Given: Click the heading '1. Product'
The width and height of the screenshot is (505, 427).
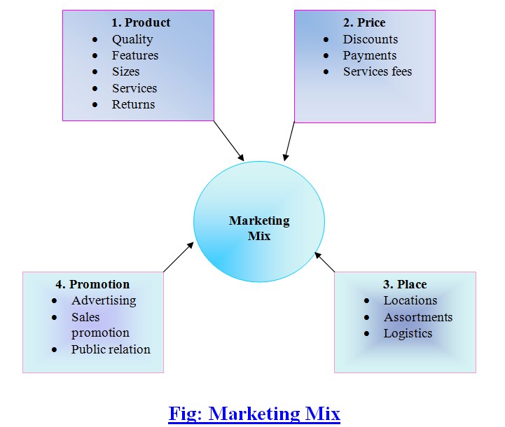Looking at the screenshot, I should click(140, 22).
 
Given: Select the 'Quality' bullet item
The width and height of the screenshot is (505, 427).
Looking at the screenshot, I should click(132, 39).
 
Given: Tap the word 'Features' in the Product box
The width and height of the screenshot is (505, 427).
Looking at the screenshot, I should click(135, 55).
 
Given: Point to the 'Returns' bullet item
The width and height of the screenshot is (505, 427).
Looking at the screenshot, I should click(133, 104).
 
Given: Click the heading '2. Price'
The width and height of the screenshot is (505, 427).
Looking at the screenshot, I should click(364, 22).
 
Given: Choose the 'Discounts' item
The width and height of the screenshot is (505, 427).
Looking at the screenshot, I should click(370, 39).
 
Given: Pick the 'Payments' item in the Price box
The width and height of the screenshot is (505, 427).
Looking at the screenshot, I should click(369, 55).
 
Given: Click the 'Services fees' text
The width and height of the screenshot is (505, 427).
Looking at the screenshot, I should click(378, 71).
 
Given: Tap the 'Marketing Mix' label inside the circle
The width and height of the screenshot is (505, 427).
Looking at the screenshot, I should click(258, 228).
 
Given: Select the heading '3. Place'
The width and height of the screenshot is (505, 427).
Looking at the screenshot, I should click(404, 284).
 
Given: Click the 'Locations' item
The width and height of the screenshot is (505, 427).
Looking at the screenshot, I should click(410, 300).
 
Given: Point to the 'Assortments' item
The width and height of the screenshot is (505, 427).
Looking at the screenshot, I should click(417, 317).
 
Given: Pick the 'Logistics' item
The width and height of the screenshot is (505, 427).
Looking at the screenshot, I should click(408, 333).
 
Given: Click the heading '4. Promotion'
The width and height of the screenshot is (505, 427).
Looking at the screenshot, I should click(92, 284).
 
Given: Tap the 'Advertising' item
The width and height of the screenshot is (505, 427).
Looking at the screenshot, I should click(104, 300).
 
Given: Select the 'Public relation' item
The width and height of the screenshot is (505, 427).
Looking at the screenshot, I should click(111, 349).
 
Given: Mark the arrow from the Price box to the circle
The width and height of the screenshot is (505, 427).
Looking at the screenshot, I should click(289, 141).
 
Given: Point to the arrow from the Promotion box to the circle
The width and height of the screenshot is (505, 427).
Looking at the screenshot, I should click(178, 257).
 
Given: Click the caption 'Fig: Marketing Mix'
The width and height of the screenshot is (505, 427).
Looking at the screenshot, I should click(254, 413).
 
